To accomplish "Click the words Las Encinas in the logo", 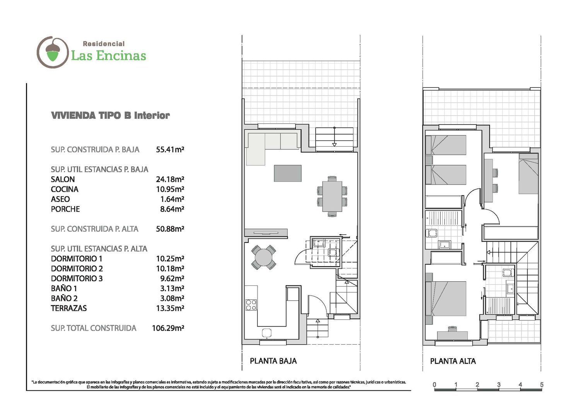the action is (x=109, y=56).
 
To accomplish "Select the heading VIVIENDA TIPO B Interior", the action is (x=110, y=115).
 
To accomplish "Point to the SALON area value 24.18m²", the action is (x=170, y=179).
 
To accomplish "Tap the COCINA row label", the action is (x=65, y=189).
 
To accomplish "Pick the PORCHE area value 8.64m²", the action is (x=172, y=209).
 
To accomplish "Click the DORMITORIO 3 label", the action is (x=77, y=278).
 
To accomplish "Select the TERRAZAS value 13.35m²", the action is (x=170, y=308).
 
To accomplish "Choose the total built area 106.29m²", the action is (x=168, y=328).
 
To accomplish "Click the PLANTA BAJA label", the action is (x=273, y=361).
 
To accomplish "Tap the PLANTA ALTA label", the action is (x=453, y=361).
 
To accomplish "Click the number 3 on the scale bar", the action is (x=499, y=384).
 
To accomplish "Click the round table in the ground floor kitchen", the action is (x=263, y=258).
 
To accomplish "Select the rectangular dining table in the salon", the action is (x=332, y=196).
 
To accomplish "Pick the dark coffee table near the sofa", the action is (x=288, y=173).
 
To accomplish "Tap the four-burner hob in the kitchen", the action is (x=251, y=305).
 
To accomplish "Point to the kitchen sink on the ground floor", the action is (x=266, y=333).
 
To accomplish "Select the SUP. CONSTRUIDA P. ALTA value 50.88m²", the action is (x=170, y=229).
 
